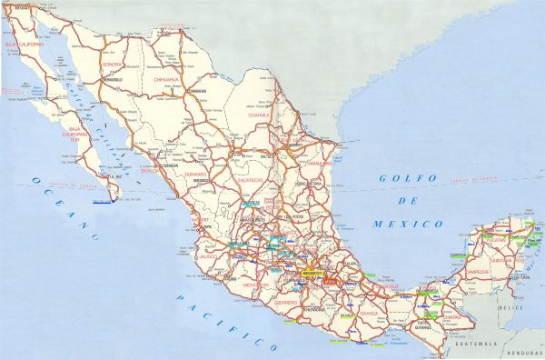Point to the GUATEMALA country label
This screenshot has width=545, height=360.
(x=477, y=345)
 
